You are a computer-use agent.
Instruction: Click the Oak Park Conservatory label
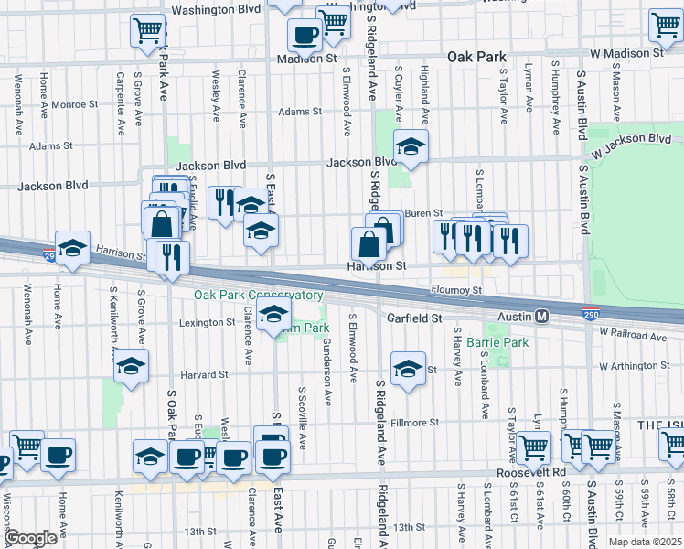pos(258,296)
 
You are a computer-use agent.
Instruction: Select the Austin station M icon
pos(541,316)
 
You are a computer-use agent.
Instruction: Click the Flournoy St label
pos(457,291)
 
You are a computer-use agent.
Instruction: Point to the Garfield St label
pos(413,318)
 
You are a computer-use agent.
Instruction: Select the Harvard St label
pos(203,375)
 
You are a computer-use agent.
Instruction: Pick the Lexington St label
pos(207,323)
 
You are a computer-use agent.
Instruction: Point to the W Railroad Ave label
pos(633,337)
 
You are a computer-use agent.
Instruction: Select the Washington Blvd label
pos(216,11)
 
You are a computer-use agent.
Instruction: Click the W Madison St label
pos(626,54)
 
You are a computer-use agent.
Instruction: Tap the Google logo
pos(29,538)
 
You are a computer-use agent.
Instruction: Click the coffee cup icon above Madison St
pos(305,36)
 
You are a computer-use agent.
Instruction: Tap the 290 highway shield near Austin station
pos(593,314)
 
